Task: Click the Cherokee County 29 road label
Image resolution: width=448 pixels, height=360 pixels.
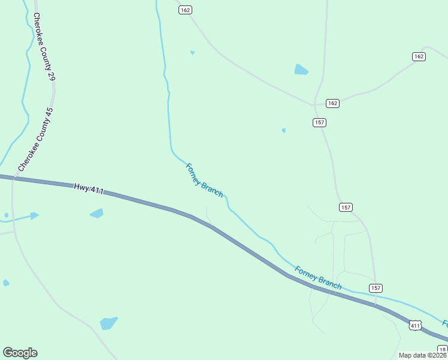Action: [x=44, y=47]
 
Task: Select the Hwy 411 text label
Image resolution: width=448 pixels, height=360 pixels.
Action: [x=89, y=188]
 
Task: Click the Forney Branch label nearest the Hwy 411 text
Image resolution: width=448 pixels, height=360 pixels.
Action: [x=204, y=181]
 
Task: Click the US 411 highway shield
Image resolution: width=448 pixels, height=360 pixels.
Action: [x=415, y=325]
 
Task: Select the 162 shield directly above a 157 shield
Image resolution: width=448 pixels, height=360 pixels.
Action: [x=333, y=103]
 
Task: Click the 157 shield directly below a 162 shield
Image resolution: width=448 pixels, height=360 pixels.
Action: [x=319, y=122]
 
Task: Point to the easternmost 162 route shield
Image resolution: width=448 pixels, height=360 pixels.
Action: [x=419, y=56]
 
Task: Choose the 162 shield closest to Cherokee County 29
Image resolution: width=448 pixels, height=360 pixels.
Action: [x=185, y=10]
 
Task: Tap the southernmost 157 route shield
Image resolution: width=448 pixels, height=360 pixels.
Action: [x=376, y=288]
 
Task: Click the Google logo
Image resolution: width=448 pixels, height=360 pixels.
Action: [x=20, y=353]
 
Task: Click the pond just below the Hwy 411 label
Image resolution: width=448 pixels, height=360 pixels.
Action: [x=96, y=213]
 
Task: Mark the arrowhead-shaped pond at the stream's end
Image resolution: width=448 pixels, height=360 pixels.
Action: [x=34, y=215]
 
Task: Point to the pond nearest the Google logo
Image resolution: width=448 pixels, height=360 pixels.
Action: [x=109, y=323]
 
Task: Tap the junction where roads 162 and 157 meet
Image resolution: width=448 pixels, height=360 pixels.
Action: [x=316, y=104]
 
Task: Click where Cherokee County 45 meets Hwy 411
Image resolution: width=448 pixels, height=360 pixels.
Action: [x=13, y=178]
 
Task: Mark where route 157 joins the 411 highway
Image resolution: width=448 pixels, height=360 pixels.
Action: [x=376, y=305]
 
